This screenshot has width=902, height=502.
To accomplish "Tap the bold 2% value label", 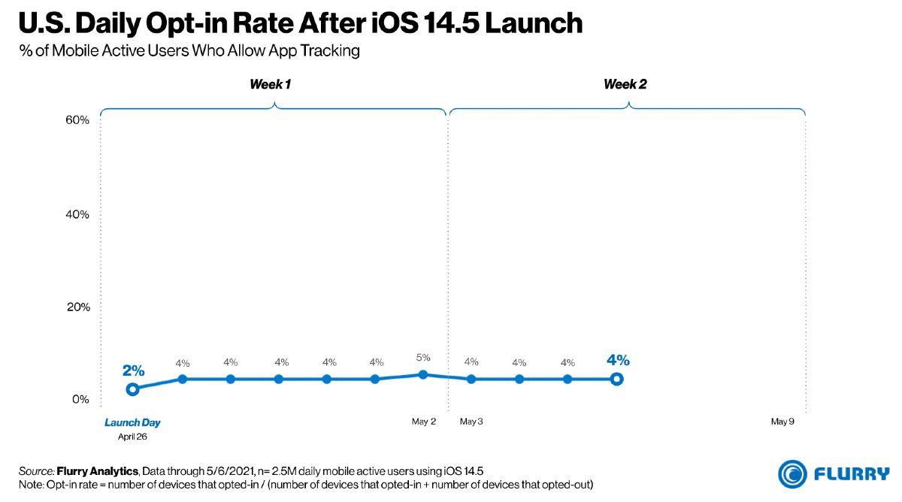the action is (133, 370).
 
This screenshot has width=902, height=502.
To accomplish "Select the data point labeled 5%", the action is (422, 375).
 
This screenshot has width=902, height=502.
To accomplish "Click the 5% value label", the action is (423, 357).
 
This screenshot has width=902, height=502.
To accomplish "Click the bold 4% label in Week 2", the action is (618, 359).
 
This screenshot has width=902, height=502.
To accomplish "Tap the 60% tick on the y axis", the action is (77, 120).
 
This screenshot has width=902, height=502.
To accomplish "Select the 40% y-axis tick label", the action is (77, 214).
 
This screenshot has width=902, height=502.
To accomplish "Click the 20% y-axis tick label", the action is (78, 307).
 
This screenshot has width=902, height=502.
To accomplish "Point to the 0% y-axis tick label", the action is (80, 399).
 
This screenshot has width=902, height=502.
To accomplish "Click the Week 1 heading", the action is (270, 84).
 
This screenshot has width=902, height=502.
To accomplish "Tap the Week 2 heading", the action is (625, 84).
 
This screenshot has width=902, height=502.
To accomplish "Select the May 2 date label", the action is (424, 422).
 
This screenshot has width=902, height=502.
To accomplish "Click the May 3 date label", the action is (471, 422).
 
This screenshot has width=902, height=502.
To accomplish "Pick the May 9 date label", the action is (782, 422).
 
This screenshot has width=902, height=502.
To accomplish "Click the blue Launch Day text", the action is (132, 422).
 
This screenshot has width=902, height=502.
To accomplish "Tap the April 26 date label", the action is (132, 437).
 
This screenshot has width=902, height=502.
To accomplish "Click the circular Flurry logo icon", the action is (792, 474).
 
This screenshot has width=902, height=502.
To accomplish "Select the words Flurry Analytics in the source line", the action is (98, 471).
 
